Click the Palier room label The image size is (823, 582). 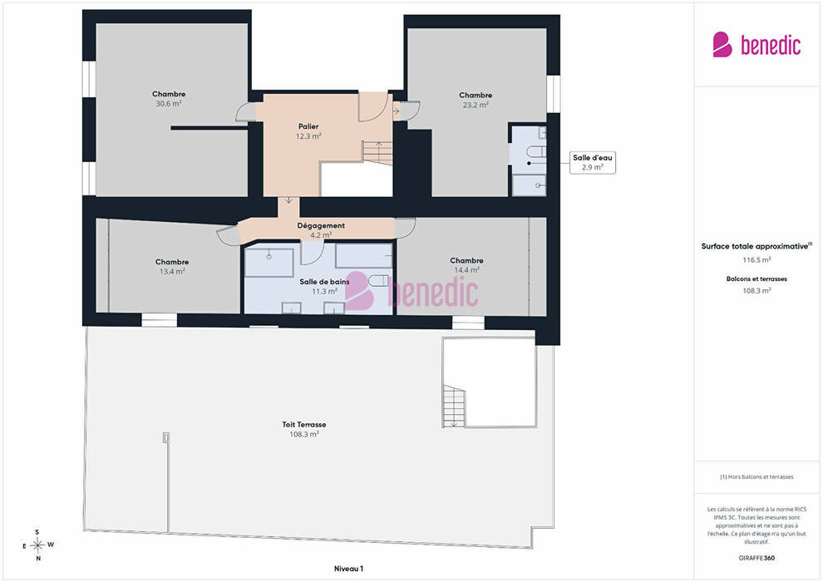click(308, 126)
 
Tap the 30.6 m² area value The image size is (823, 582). click(169, 104)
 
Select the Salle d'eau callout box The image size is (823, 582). click(593, 162)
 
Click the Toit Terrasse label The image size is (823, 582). click(304, 425)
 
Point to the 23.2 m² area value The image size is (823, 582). click(476, 105)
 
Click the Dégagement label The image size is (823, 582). click(321, 225)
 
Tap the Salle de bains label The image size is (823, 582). click(324, 282)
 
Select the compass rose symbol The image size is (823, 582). click(37, 545)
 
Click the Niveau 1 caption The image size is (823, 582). click(348, 569)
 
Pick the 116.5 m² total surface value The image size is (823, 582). click(756, 259)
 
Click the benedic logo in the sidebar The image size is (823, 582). click(756, 45)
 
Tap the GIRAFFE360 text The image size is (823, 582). click(756, 558)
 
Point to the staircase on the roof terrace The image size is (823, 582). click(454, 407)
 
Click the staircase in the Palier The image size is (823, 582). click(377, 152)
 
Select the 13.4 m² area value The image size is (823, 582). click(172, 271)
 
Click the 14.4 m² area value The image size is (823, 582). click(466, 269)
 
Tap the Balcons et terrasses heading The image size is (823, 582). click(756, 279)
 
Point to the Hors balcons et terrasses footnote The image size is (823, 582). click(756, 477)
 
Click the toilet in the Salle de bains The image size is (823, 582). click(378, 280)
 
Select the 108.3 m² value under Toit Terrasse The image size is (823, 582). click(304, 435)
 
